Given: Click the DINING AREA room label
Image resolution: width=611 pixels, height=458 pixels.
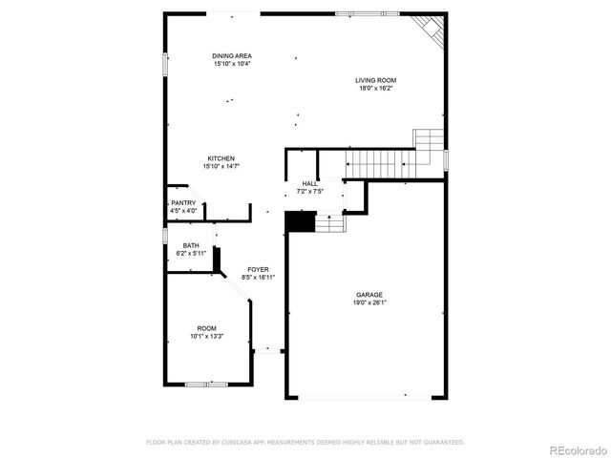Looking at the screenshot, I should click(x=231, y=56).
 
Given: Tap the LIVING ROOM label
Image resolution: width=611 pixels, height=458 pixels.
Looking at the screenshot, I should click(x=376, y=80).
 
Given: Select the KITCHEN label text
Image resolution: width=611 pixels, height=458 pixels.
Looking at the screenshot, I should click(x=221, y=158).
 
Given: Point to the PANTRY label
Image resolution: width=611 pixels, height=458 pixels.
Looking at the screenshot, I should click(x=183, y=203).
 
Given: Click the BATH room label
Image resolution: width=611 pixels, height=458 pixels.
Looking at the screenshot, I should click(x=191, y=245).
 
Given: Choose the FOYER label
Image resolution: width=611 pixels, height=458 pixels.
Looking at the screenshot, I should click(x=258, y=270).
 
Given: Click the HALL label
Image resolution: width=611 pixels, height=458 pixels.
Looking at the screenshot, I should click(x=310, y=183).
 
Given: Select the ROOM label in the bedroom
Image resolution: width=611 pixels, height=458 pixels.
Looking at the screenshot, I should click(x=206, y=327).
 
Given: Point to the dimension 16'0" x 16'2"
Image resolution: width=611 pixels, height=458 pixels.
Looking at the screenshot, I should click(x=376, y=88).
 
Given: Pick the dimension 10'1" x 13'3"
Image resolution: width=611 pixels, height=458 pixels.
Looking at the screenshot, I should click(x=206, y=335).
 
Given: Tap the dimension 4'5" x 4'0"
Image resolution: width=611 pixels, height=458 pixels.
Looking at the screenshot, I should click(x=183, y=211).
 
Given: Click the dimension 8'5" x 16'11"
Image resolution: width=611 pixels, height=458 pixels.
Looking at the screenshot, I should click(x=258, y=278).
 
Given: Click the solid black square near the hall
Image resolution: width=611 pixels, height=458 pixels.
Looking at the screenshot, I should click(x=301, y=221).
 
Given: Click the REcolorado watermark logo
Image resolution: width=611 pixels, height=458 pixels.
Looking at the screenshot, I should click(x=575, y=449).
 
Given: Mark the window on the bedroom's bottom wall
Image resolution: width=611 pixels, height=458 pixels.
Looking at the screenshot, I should click(x=206, y=384).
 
